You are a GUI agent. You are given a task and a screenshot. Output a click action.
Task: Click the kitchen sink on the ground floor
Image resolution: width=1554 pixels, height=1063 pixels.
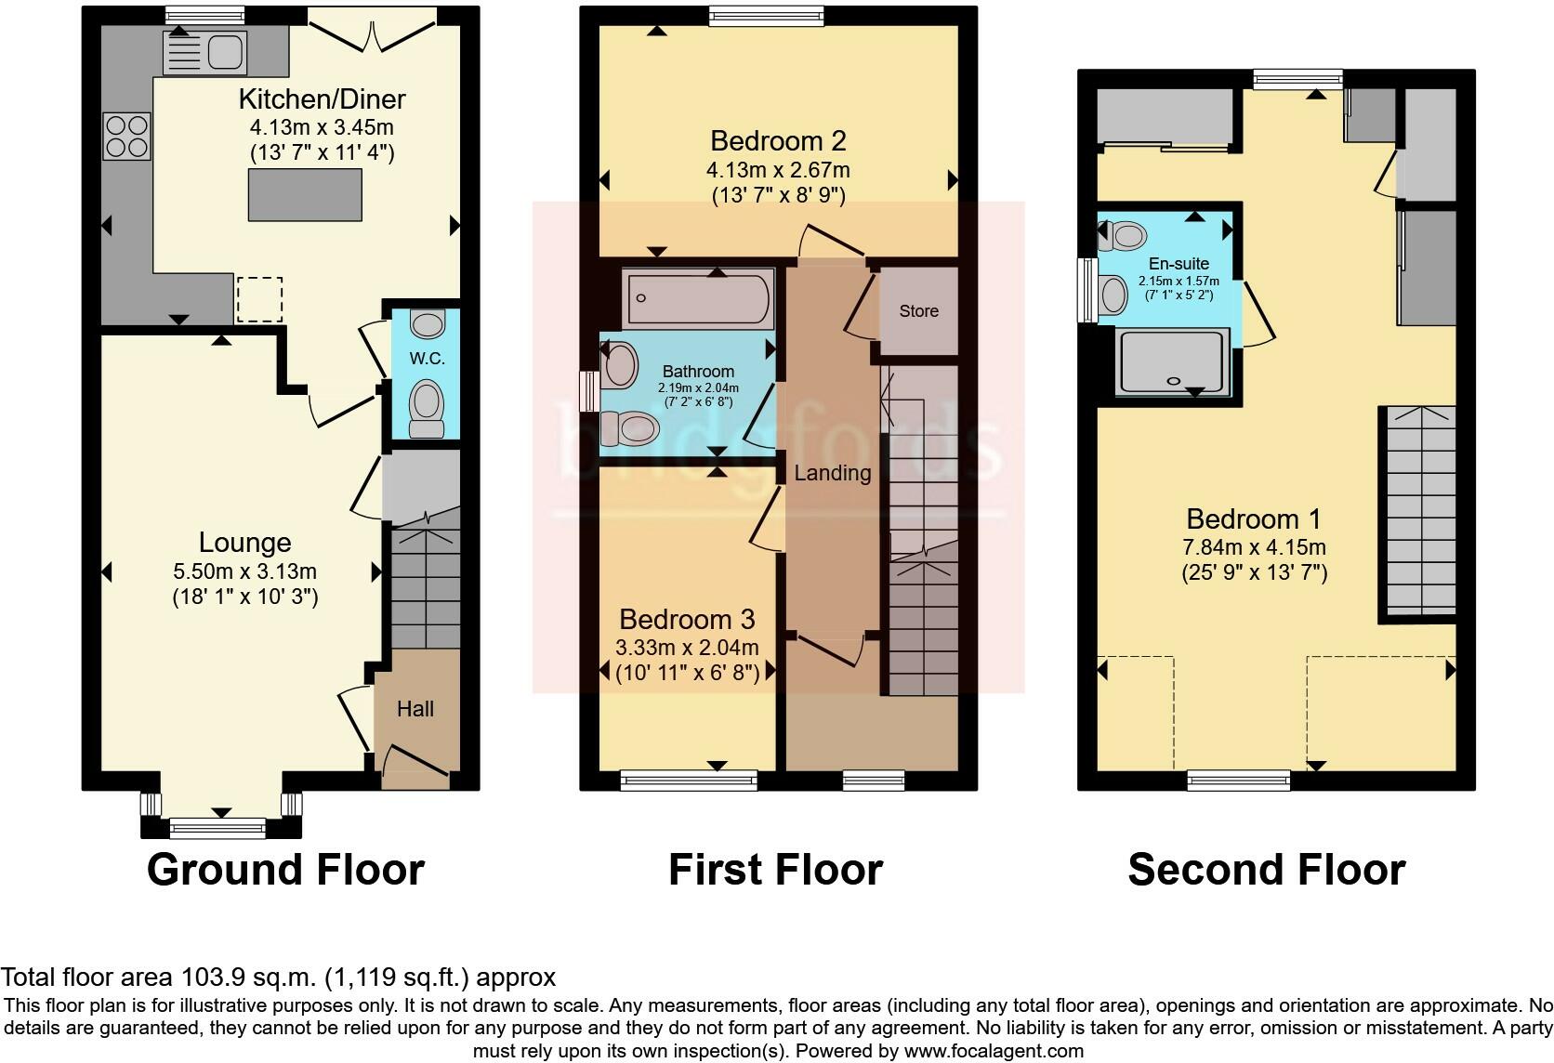204,50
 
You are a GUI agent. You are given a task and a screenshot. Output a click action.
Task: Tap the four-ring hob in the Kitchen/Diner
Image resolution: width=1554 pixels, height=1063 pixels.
127,136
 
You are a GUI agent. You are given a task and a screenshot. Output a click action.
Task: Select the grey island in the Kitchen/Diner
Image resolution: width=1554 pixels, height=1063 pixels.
305,194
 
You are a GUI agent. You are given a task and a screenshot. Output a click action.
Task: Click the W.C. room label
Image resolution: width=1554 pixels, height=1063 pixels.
427,358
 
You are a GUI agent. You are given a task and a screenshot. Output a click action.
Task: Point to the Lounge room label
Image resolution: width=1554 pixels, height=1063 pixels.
245,543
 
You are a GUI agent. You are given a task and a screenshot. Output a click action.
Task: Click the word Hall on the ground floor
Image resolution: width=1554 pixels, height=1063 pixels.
415,709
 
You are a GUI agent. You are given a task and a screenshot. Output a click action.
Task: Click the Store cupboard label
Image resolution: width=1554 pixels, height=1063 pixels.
918,311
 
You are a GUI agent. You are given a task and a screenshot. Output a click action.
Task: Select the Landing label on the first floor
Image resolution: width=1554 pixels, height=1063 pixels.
832,473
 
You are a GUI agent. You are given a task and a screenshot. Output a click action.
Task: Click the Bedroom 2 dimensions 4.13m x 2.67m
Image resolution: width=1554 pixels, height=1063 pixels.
778,170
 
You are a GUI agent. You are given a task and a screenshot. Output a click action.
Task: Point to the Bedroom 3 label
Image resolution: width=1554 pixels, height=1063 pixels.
687,619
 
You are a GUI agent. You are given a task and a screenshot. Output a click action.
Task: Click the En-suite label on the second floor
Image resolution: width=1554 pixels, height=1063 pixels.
1178,264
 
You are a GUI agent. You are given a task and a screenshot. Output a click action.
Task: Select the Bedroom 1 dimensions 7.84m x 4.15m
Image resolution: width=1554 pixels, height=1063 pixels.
1254,546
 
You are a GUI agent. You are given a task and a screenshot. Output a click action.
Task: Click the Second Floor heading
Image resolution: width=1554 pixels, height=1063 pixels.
1266,870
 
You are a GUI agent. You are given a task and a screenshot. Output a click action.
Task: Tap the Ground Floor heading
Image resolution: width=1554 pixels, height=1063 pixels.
285,870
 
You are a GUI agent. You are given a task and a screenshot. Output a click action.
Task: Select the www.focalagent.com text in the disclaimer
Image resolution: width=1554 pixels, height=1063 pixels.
994,1052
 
